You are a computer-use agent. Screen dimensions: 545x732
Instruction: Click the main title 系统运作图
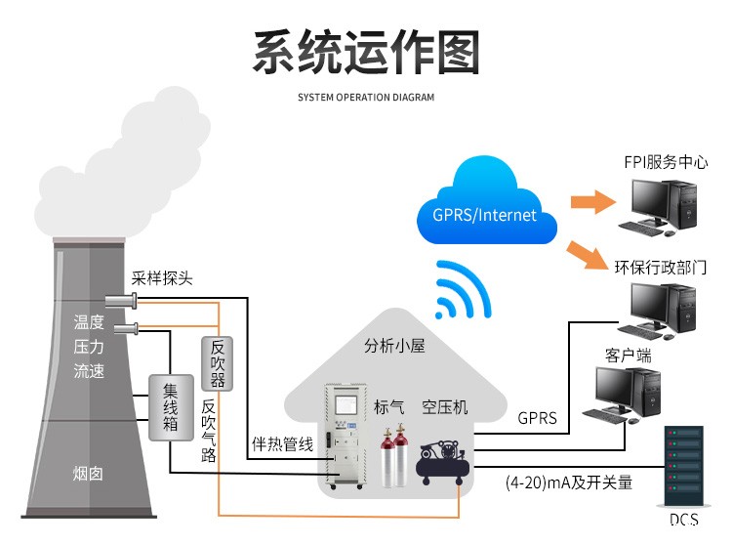pyautogui.click(x=366, y=53)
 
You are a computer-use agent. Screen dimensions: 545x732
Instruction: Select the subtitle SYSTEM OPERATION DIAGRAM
pyautogui.click(x=366, y=98)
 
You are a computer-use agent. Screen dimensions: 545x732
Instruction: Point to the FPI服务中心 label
pyautogui.click(x=666, y=162)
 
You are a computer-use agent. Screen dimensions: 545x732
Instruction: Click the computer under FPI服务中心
pyautogui.click(x=663, y=209)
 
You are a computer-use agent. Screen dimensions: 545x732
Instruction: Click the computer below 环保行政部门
pyautogui.click(x=663, y=311)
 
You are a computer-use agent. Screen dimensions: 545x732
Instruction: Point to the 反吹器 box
pyautogui.click(x=218, y=364)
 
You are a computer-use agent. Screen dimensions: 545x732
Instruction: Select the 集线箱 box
pyautogui.click(x=169, y=405)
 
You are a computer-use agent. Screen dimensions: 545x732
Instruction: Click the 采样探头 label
pyautogui.click(x=162, y=278)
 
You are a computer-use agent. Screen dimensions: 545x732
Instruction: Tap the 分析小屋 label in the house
pyautogui.click(x=394, y=346)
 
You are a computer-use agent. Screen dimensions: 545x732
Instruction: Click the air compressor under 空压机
pyautogui.click(x=442, y=459)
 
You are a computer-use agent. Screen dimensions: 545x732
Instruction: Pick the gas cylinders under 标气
pyautogui.click(x=392, y=457)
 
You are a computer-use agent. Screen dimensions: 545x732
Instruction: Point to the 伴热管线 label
pyautogui.click(x=282, y=444)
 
